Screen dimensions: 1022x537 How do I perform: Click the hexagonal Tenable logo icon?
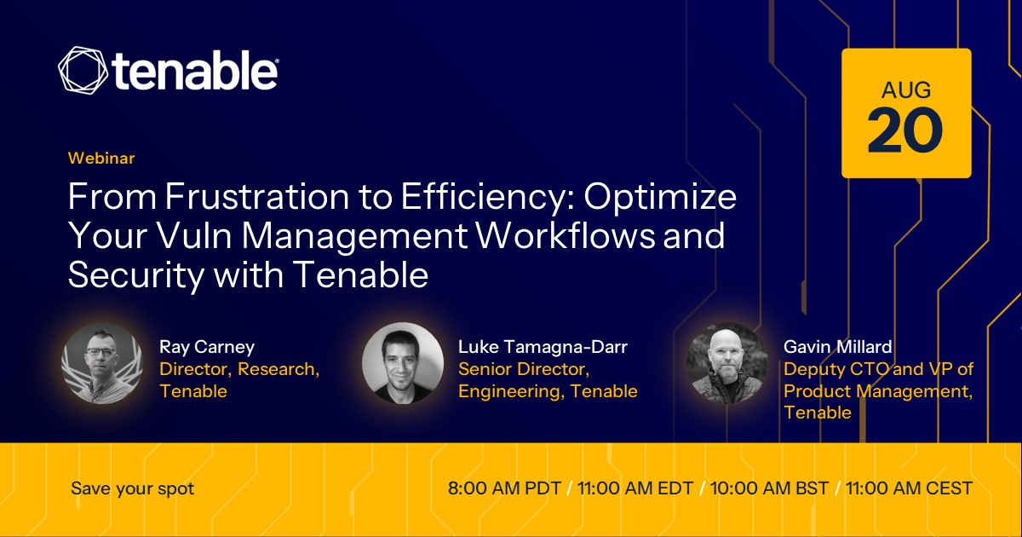tap(83, 70)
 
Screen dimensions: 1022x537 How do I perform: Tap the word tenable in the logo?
tap(195, 71)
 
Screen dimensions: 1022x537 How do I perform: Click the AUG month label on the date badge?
tap(906, 90)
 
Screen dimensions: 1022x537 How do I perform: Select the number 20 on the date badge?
tap(905, 130)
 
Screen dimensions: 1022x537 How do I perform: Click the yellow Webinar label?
tap(101, 158)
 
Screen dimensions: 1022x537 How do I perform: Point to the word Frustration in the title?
tap(257, 196)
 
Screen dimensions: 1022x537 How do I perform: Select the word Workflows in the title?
tap(566, 235)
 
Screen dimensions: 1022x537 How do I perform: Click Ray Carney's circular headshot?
tap(102, 363)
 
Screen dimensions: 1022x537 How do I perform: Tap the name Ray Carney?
tap(207, 347)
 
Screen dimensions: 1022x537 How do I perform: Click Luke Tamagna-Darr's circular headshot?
tap(403, 363)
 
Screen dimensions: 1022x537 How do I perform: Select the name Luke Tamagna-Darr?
tap(543, 347)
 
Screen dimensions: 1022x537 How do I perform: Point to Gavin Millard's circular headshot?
tap(727, 363)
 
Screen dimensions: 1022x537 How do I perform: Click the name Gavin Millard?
tap(838, 347)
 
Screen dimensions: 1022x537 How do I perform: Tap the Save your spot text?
tap(132, 488)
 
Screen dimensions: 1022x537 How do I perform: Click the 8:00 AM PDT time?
tap(504, 488)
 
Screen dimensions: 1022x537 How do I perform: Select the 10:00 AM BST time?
tap(769, 488)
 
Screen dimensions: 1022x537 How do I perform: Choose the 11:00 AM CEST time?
tap(909, 488)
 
